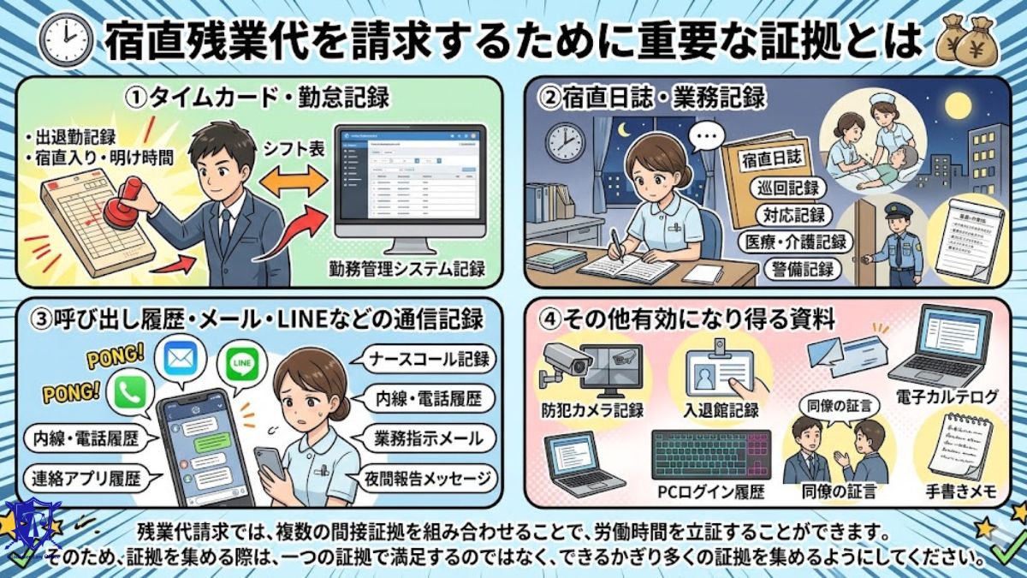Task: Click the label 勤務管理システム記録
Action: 409,270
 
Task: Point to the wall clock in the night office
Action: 561,139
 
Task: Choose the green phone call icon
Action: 133,393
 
